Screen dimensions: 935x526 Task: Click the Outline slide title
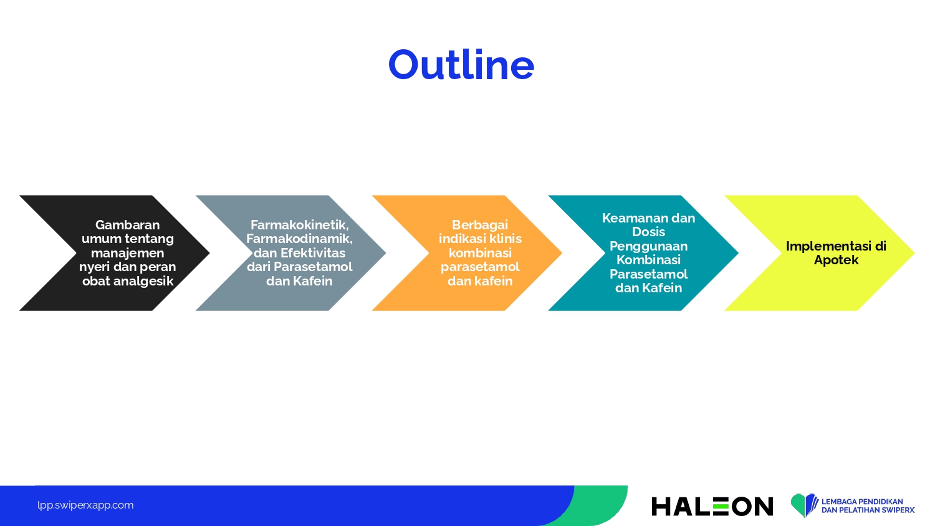click(x=461, y=64)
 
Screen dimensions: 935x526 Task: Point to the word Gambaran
click(x=127, y=225)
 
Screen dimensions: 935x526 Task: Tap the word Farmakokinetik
click(x=299, y=225)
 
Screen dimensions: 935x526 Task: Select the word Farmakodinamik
click(x=299, y=239)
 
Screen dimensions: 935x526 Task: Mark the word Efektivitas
click(x=313, y=253)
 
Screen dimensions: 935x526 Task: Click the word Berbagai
click(x=480, y=226)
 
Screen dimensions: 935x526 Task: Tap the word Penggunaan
click(x=649, y=246)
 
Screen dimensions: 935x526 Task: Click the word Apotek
click(x=836, y=260)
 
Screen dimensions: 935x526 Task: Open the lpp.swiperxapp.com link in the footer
click(x=85, y=505)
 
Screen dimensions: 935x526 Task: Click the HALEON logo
click(x=712, y=507)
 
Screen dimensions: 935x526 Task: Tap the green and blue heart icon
click(x=804, y=505)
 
